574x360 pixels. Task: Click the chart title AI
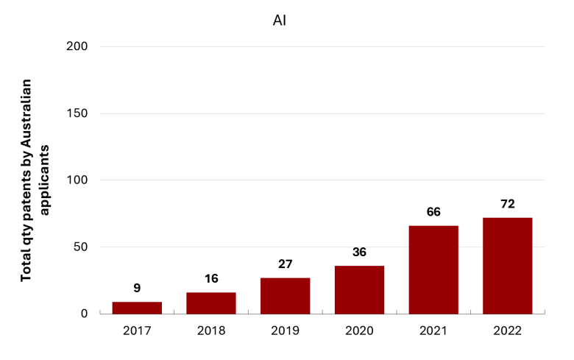(280, 21)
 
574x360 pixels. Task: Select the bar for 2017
(137, 308)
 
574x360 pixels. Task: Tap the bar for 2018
(211, 303)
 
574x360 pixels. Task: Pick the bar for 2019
(286, 296)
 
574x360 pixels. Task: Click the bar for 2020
(359, 289)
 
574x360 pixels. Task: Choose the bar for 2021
(433, 270)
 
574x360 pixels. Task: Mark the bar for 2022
(507, 266)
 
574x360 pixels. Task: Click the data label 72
(508, 204)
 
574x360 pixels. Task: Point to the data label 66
(433, 212)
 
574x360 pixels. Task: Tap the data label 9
(137, 288)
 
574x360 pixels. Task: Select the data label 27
(286, 264)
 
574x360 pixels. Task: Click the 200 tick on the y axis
(77, 46)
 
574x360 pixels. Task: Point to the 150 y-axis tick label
(77, 113)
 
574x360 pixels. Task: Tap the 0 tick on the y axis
(84, 314)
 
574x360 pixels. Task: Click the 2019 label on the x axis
(286, 331)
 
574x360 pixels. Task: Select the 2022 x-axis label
(507, 331)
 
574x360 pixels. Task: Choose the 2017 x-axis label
(137, 331)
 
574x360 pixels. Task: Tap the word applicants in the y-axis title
(44, 180)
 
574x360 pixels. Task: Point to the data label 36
(359, 252)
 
